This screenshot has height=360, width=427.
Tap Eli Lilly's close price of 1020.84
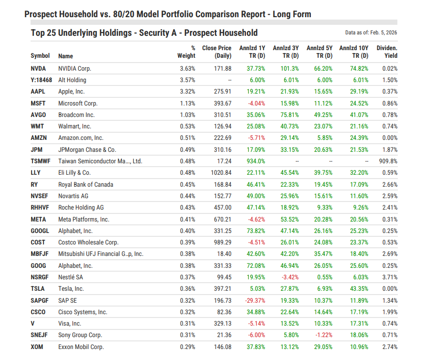(220, 173)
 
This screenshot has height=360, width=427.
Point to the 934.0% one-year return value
(256, 161)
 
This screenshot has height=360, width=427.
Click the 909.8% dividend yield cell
(388, 161)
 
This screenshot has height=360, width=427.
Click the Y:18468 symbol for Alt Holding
(42, 80)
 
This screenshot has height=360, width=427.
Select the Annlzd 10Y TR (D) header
(355, 52)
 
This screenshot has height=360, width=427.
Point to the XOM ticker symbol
(37, 347)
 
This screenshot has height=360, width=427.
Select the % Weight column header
(186, 52)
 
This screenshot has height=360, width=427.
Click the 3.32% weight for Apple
(187, 92)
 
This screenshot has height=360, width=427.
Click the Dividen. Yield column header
(387, 52)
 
